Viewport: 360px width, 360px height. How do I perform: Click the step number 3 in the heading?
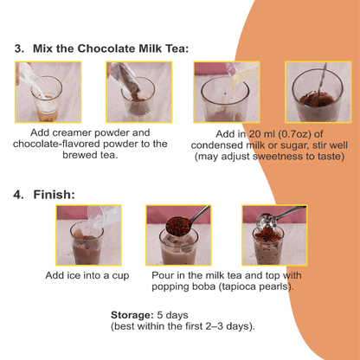[x=18, y=48]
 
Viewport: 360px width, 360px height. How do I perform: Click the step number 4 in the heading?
[x=18, y=195]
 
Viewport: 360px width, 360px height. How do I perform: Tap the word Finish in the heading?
[x=56, y=195]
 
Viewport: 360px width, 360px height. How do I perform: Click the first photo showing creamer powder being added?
[x=39, y=92]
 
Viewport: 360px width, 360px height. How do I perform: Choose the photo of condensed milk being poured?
[x=221, y=92]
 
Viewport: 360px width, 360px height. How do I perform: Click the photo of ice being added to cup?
[x=87, y=235]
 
